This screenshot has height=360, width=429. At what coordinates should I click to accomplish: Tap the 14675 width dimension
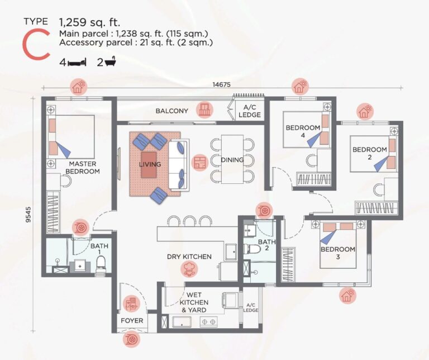[x=223, y=85]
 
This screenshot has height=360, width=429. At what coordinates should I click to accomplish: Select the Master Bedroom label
[x=82, y=168]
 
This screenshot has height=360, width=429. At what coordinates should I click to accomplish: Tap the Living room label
[x=150, y=164]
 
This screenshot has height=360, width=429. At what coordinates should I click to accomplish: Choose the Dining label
[x=232, y=160]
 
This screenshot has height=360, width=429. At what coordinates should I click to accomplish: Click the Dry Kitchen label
[x=189, y=257]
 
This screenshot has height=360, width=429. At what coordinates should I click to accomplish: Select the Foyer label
[x=132, y=321]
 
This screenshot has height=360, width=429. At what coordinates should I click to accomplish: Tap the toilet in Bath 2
[x=251, y=249]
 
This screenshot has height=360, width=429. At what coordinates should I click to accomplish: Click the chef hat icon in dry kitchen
[x=189, y=271]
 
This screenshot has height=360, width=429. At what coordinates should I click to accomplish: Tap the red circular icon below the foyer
[x=132, y=339]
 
